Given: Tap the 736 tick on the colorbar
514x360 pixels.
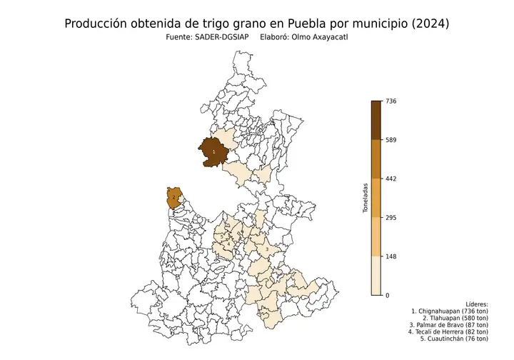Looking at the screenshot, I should [390, 101].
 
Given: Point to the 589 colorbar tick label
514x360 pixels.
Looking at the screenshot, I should [390, 140].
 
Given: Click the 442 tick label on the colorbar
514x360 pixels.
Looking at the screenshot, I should [390, 179].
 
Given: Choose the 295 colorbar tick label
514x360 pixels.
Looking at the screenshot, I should [390, 218].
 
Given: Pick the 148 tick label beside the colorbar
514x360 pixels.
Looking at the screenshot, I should [390, 256].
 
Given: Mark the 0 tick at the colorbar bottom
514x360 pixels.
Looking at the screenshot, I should [388, 295].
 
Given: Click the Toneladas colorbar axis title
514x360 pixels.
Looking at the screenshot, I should [364, 199].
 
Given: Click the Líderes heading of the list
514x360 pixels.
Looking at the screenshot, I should [476, 304].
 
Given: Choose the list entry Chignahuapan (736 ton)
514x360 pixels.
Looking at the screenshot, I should [450, 312].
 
